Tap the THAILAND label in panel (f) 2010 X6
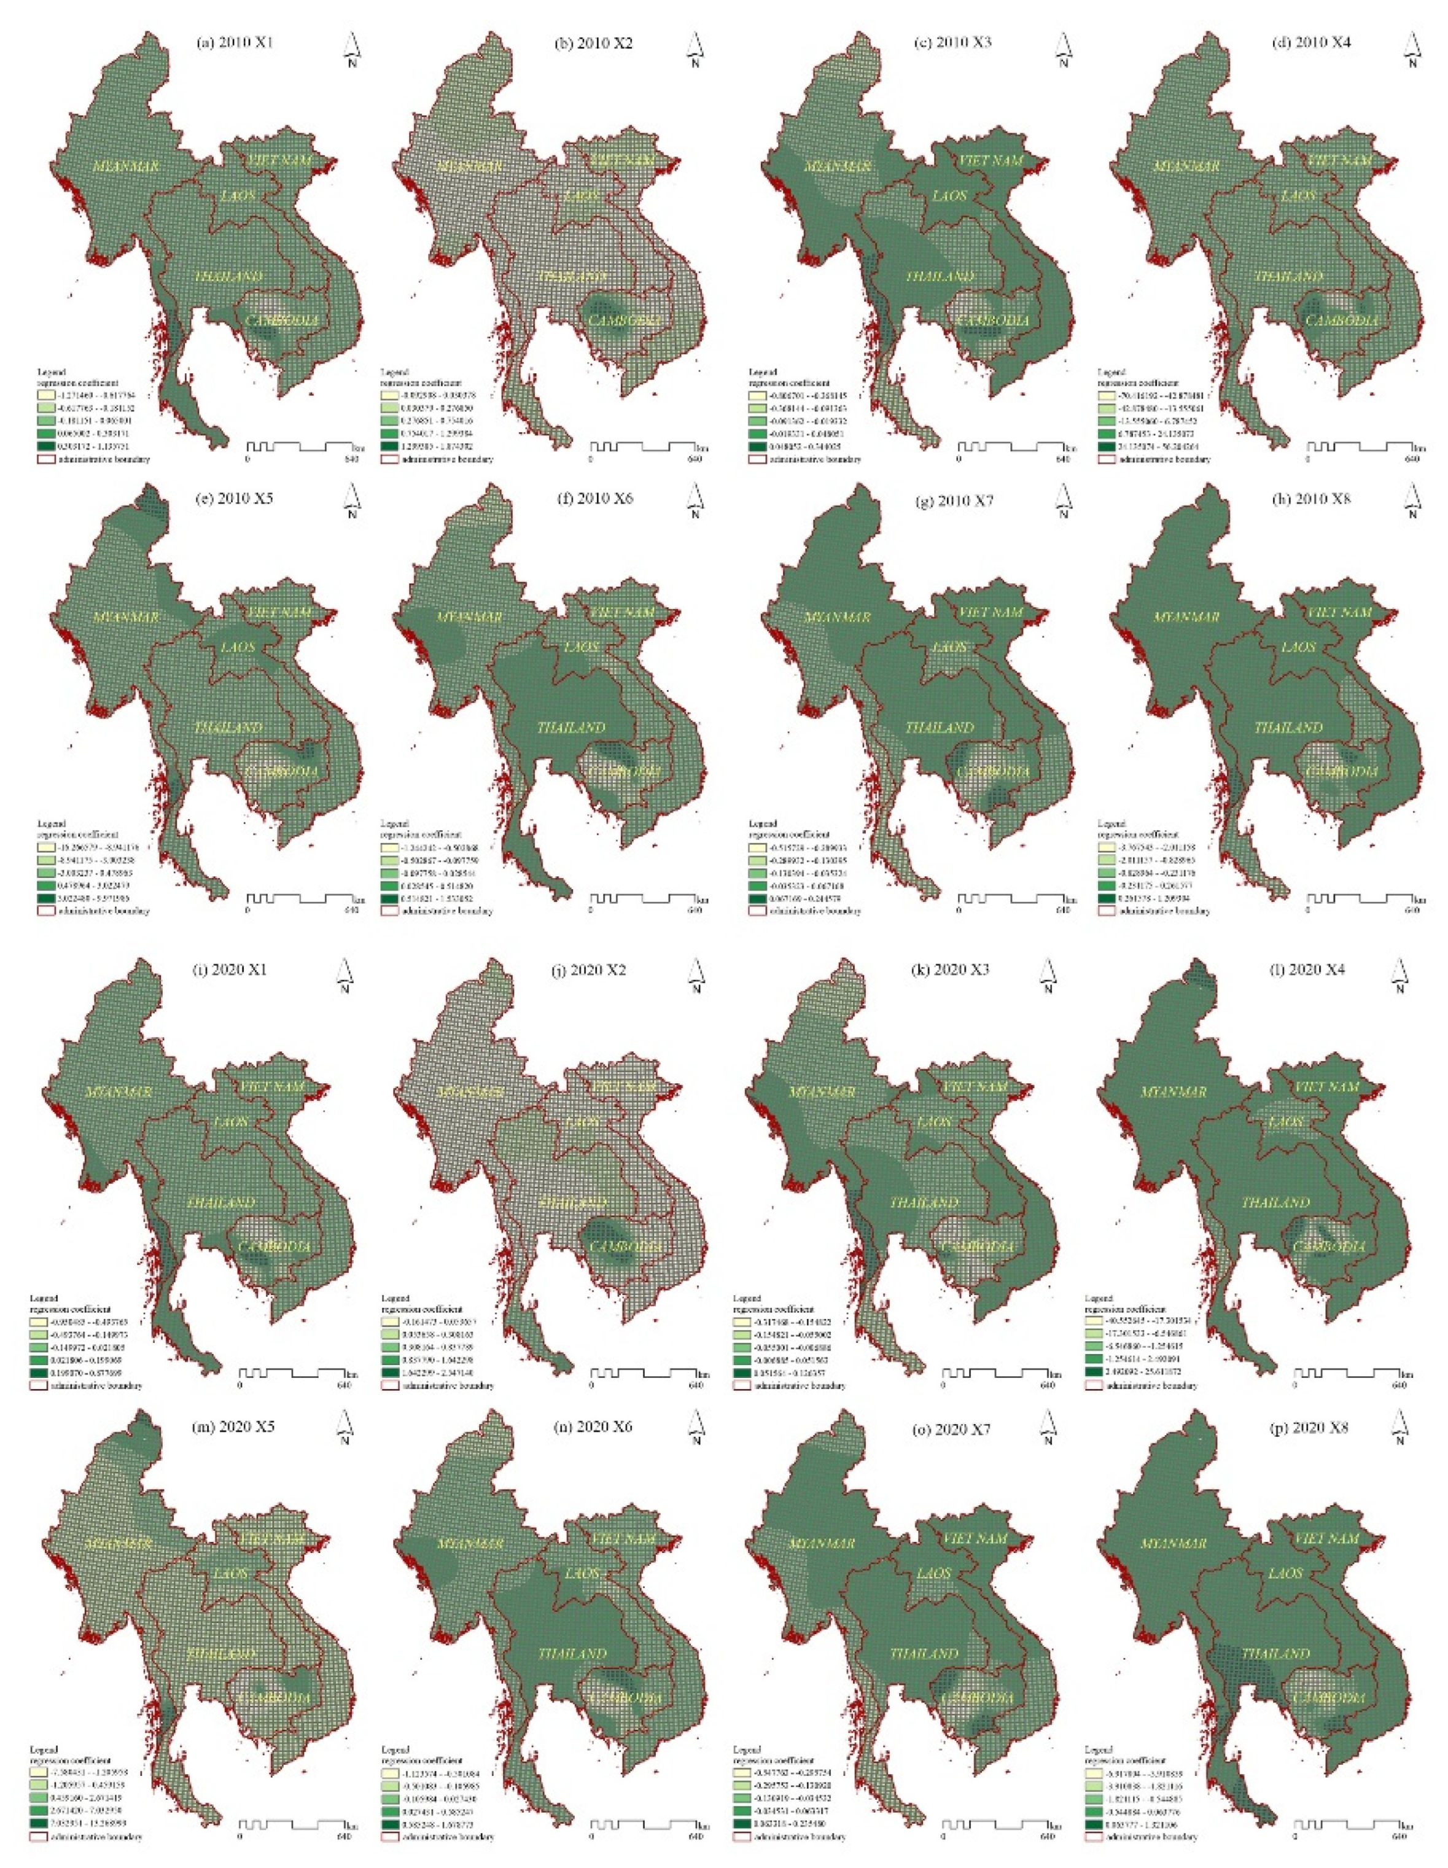(570, 728)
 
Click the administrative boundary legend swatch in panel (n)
(392, 1835)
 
